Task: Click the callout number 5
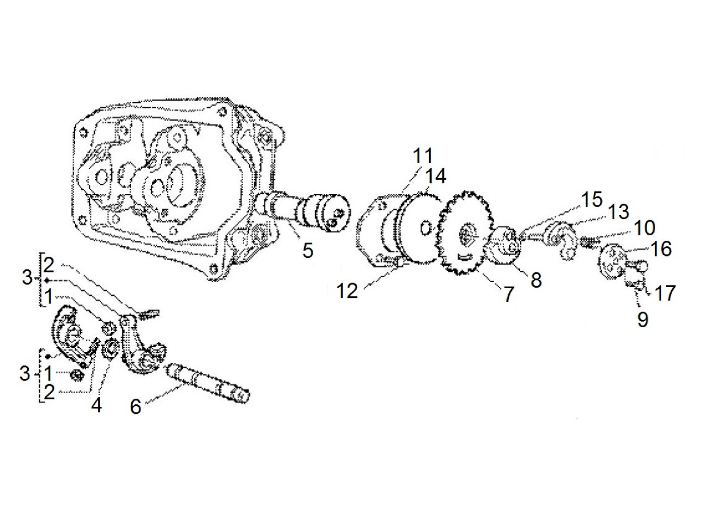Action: pos(308,249)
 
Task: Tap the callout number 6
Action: pos(136,406)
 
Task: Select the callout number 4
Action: pos(96,404)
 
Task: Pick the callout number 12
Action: pos(347,291)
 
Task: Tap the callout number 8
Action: pos(536,279)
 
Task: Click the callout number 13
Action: pos(618,212)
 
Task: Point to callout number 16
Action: pos(661,249)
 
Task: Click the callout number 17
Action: pos(665,292)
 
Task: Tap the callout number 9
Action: pos(642,319)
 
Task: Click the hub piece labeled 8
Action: pos(506,246)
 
